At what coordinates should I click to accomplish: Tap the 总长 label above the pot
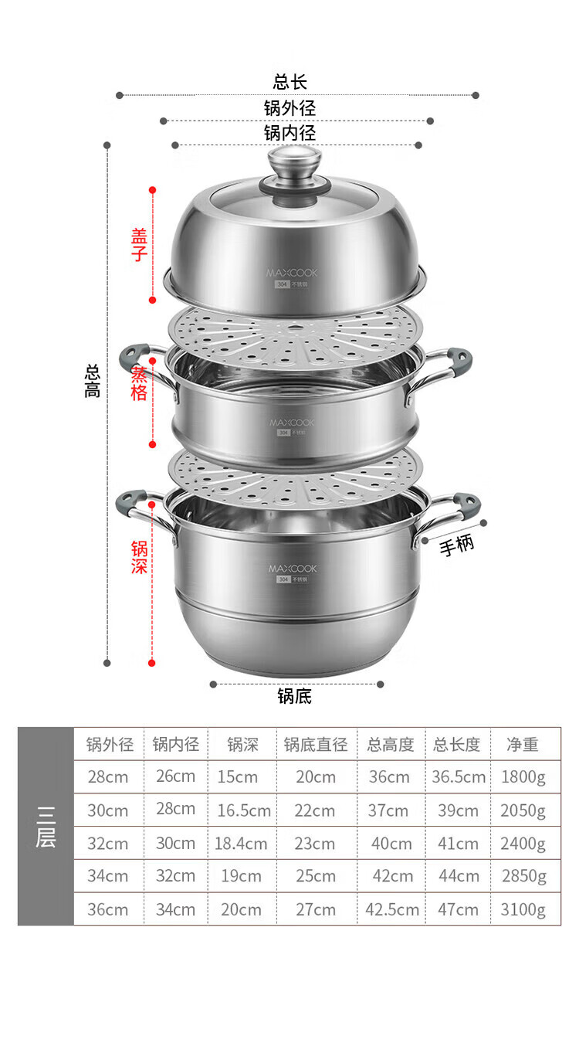tap(290, 82)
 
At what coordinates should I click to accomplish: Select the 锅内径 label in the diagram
tap(290, 133)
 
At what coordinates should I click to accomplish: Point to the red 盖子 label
tap(139, 245)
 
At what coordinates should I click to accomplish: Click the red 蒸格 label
tap(139, 384)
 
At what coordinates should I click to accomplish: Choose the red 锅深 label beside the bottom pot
tap(139, 557)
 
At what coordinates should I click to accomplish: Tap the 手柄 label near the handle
tap(456, 545)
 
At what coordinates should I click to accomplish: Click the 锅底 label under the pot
tap(295, 696)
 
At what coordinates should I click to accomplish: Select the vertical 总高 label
tap(92, 382)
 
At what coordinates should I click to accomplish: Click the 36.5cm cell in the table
tap(459, 776)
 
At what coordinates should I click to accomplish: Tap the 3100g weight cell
tap(523, 910)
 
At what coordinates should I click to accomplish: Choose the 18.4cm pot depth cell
tap(241, 844)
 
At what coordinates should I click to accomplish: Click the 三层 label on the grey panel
tap(46, 827)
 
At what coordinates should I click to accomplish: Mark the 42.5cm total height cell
tap(392, 910)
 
